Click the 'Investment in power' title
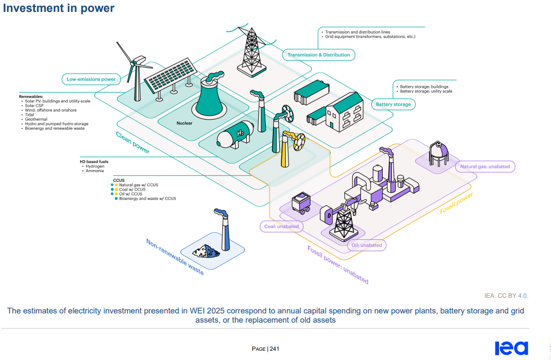[59, 8]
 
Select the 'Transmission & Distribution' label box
[318, 55]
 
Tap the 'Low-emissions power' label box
[91, 79]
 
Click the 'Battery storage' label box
[393, 104]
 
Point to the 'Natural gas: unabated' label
[485, 167]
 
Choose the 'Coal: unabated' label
[281, 226]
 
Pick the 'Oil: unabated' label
[366, 245]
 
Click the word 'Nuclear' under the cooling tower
[185, 123]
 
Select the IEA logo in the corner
[511, 348]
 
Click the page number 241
[274, 349]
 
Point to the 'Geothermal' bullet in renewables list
[36, 119]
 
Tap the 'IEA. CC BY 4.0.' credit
[506, 296]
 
